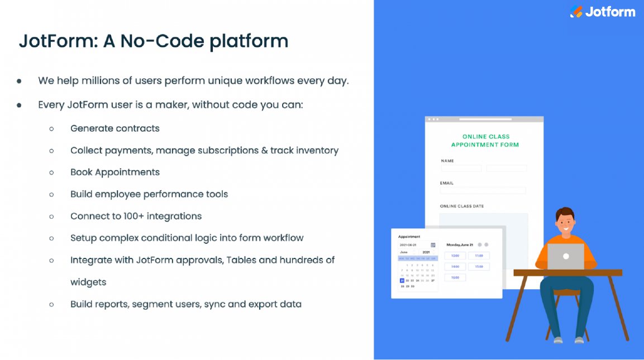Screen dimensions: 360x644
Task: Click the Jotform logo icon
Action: pos(576,12)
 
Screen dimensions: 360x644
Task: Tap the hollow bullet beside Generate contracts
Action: pos(51,128)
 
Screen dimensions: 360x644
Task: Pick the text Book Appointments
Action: pos(115,172)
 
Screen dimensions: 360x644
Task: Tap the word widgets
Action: pos(88,282)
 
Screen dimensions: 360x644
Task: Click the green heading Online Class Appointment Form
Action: pos(485,141)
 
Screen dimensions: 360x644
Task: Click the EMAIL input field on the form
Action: pos(483,190)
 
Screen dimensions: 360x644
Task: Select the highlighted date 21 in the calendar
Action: pos(402,280)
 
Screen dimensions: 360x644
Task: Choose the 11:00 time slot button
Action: pos(479,256)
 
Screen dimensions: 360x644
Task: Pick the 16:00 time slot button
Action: pos(455,277)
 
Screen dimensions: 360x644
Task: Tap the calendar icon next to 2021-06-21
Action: pos(433,244)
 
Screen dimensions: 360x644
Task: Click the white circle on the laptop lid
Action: pos(565,256)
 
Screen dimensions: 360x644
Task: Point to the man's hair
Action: pos(565,213)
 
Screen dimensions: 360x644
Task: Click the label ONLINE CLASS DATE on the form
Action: pos(461,207)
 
